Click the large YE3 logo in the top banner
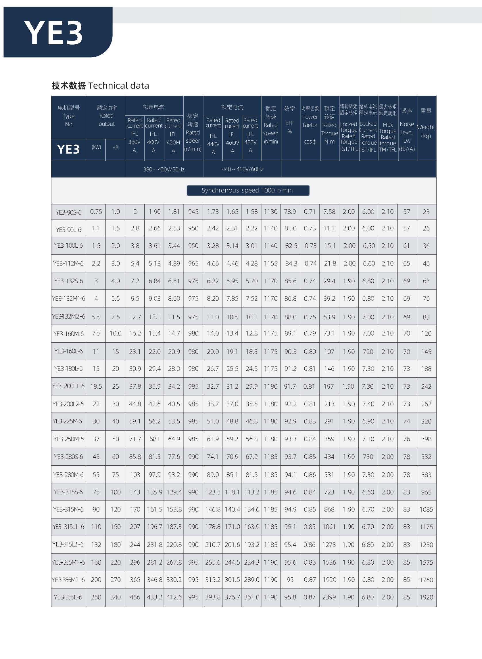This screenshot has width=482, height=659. coord(54,33)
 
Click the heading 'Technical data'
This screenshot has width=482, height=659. coord(118,85)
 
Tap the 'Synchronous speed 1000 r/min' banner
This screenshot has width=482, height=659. coord(248,190)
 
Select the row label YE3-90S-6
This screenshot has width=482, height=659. coord(69,212)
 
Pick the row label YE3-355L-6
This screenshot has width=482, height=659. coord(68,597)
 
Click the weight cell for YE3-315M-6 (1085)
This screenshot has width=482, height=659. coord(426,509)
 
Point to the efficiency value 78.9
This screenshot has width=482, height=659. coord(290,212)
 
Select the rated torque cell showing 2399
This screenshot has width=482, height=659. coord(329,597)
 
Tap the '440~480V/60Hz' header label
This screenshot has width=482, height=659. coord(243,169)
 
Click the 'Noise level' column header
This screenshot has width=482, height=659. coord(407,129)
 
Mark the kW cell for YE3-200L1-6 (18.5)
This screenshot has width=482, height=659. coord(96,387)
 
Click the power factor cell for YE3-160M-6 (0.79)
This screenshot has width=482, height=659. coord(310,333)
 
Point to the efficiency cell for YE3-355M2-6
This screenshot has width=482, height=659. coord(290,580)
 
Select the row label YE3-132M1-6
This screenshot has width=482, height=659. coord(69,298)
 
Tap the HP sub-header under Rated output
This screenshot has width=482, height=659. coord(115,148)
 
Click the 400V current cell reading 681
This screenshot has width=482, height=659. coord(154,439)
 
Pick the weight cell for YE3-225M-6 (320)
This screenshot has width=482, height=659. coord(426,421)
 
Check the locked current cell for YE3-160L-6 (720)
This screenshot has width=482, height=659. coord(368,352)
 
